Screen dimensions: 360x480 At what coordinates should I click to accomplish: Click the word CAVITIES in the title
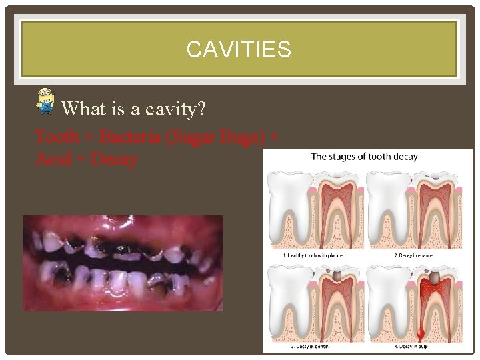pos(239,49)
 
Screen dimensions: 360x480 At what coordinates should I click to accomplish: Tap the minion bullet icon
pos(45,100)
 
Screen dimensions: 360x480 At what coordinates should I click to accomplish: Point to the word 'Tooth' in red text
pos(57,137)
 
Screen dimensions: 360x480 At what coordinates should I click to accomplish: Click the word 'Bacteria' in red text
pos(126,137)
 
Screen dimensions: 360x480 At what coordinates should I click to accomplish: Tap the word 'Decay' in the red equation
pos(114,159)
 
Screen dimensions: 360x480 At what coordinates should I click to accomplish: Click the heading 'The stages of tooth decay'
pos(364,157)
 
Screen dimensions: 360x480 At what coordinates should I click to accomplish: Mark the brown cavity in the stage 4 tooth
pos(433,278)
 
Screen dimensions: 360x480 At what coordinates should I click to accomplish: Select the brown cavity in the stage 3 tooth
pos(338,275)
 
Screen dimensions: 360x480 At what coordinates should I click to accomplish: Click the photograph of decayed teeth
pos(123,263)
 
